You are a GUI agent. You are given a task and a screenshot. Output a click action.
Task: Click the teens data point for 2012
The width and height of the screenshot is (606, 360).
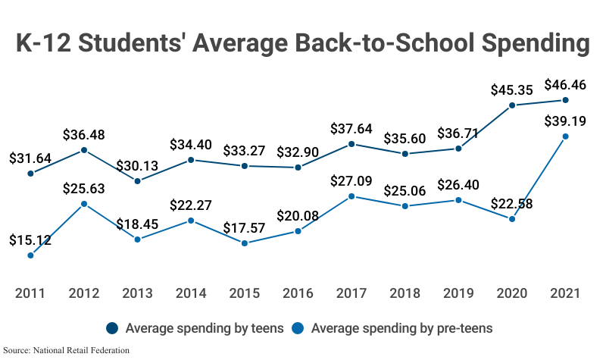pos(84,150)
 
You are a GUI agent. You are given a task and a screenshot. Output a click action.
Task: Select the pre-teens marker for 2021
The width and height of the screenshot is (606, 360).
pos(565,136)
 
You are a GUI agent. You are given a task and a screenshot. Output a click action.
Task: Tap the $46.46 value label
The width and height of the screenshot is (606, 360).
pos(565,84)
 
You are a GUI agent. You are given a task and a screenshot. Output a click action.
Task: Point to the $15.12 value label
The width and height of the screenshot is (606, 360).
pos(31,240)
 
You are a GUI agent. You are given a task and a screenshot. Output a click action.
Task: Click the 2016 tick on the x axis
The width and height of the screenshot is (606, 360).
pos(298,293)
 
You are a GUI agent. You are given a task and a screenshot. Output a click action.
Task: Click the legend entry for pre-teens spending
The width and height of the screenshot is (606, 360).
pos(394,328)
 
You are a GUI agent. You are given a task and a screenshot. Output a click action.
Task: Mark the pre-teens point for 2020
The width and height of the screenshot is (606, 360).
pos(512,219)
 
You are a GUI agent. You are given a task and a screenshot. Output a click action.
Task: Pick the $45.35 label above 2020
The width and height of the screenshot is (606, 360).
pos(512,89)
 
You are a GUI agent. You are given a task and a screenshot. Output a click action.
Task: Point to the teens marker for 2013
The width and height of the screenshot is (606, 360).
pos(138,181)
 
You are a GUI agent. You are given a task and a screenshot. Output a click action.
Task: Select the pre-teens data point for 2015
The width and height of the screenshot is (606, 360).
pos(245,243)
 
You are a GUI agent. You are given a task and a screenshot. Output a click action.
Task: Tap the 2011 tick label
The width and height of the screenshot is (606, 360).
pos(31,293)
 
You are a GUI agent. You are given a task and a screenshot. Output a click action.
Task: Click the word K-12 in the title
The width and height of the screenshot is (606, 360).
pos(49,43)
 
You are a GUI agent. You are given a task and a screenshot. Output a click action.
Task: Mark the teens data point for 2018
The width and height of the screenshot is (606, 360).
pos(405,154)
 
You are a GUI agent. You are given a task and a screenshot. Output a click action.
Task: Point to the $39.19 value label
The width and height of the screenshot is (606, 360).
pos(565,121)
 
